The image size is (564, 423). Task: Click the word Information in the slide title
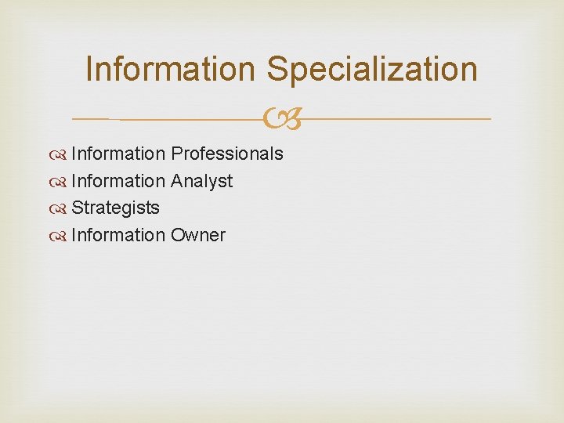(171, 69)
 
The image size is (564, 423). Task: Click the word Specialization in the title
(371, 69)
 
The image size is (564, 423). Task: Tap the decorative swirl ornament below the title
(282, 119)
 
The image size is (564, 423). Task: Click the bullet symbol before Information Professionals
(61, 154)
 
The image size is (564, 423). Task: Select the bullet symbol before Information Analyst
(61, 181)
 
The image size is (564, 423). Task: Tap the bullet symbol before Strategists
(61, 208)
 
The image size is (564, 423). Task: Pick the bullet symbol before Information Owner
(61, 235)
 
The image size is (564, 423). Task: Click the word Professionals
(227, 154)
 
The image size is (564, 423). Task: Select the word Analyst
(202, 181)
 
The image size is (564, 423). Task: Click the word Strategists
(115, 208)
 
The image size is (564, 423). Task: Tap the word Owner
(198, 235)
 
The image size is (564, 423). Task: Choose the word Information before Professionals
(118, 154)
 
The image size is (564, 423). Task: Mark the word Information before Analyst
(118, 181)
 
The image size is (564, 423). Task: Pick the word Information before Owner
(118, 235)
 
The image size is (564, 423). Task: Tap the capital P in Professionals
(177, 154)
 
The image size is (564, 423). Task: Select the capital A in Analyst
(177, 181)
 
